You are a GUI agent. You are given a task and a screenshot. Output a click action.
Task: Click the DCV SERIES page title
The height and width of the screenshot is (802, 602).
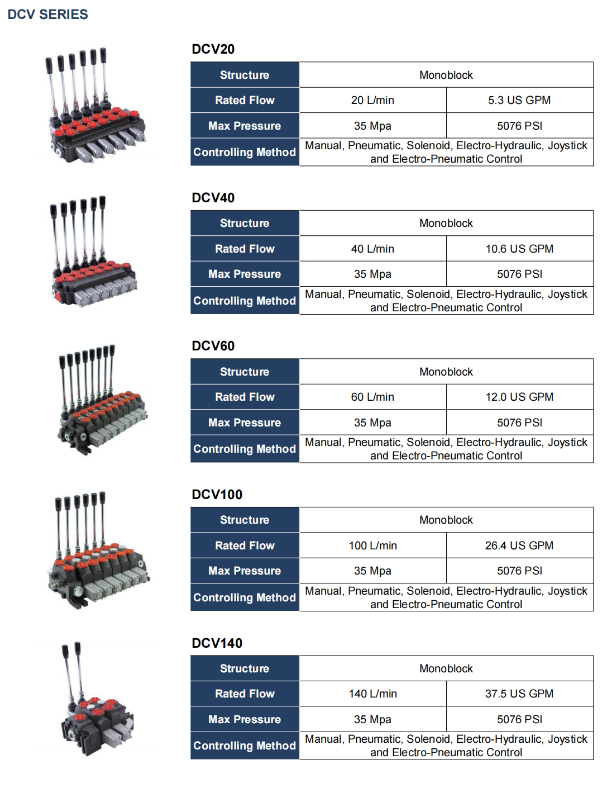click(47, 15)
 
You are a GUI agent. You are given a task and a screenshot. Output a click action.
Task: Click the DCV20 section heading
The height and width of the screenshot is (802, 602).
click(213, 49)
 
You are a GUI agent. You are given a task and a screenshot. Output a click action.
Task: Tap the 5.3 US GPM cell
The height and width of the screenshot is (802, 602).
click(519, 101)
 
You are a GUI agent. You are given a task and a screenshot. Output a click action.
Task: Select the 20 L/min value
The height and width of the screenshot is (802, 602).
click(372, 101)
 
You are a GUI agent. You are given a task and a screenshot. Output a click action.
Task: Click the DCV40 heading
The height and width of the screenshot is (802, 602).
click(213, 198)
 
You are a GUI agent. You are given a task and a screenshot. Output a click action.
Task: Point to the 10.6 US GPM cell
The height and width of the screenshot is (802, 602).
click(519, 249)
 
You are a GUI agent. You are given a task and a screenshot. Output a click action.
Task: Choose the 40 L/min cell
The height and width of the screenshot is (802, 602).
click(372, 249)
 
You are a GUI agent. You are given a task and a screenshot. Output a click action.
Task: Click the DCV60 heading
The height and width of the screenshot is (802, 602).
click(213, 346)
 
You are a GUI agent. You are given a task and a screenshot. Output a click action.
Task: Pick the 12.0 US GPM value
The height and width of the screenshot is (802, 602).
click(519, 397)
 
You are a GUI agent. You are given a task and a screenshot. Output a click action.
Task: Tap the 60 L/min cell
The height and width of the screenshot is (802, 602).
click(372, 397)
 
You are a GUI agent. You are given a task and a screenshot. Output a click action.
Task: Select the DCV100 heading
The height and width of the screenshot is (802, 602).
click(217, 495)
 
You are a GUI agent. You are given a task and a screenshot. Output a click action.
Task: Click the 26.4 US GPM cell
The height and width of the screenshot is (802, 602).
click(519, 545)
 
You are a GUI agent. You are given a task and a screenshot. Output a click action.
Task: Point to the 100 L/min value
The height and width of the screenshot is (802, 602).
click(372, 545)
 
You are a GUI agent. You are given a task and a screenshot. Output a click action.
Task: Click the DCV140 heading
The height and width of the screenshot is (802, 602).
click(217, 643)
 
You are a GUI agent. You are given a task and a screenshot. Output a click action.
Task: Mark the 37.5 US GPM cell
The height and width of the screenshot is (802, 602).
click(519, 694)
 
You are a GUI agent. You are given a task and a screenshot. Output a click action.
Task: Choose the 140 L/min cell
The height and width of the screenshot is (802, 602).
click(372, 694)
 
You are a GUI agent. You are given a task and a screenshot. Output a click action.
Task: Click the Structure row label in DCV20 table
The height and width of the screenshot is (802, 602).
click(245, 75)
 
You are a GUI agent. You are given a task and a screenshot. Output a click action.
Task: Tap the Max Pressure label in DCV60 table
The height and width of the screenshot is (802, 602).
click(245, 423)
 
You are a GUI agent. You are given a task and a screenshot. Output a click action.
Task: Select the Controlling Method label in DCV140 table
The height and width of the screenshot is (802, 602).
click(245, 746)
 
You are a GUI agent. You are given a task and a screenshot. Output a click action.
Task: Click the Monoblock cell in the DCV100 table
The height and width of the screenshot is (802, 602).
click(446, 520)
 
